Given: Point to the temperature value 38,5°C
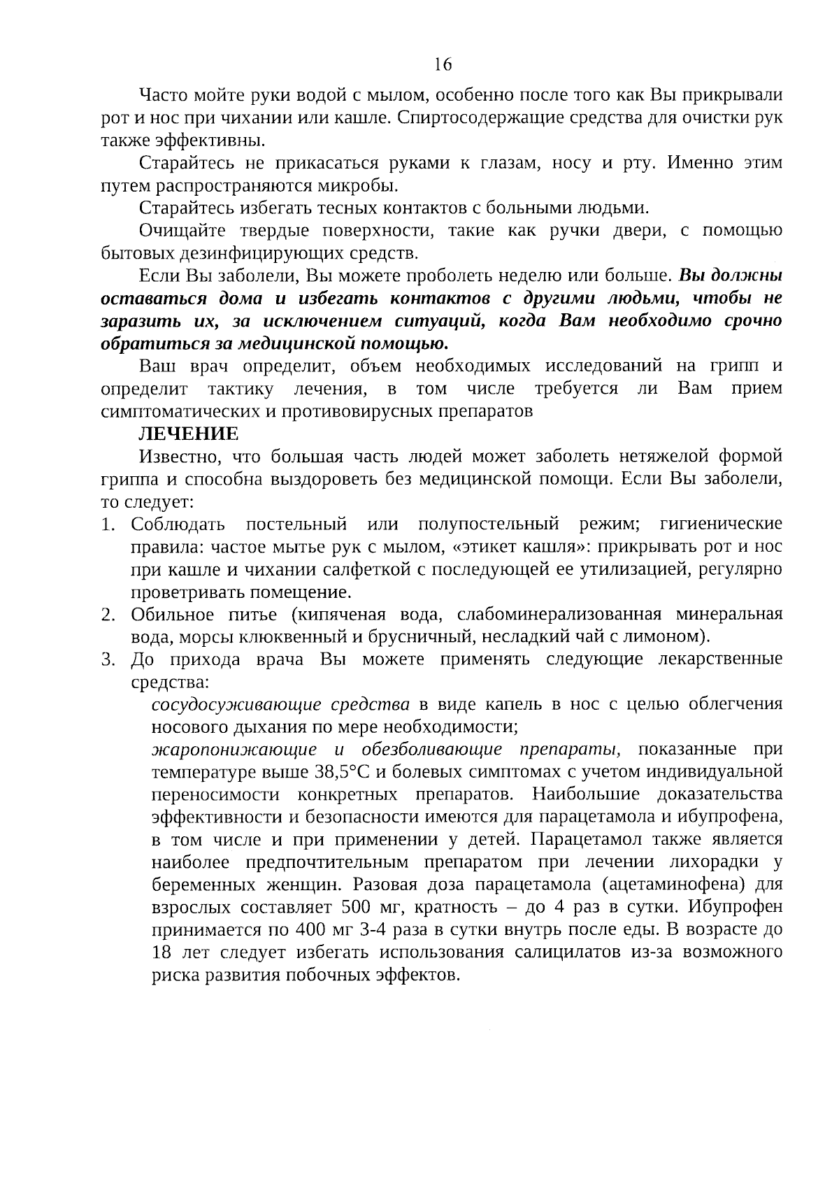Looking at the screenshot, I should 339,772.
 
